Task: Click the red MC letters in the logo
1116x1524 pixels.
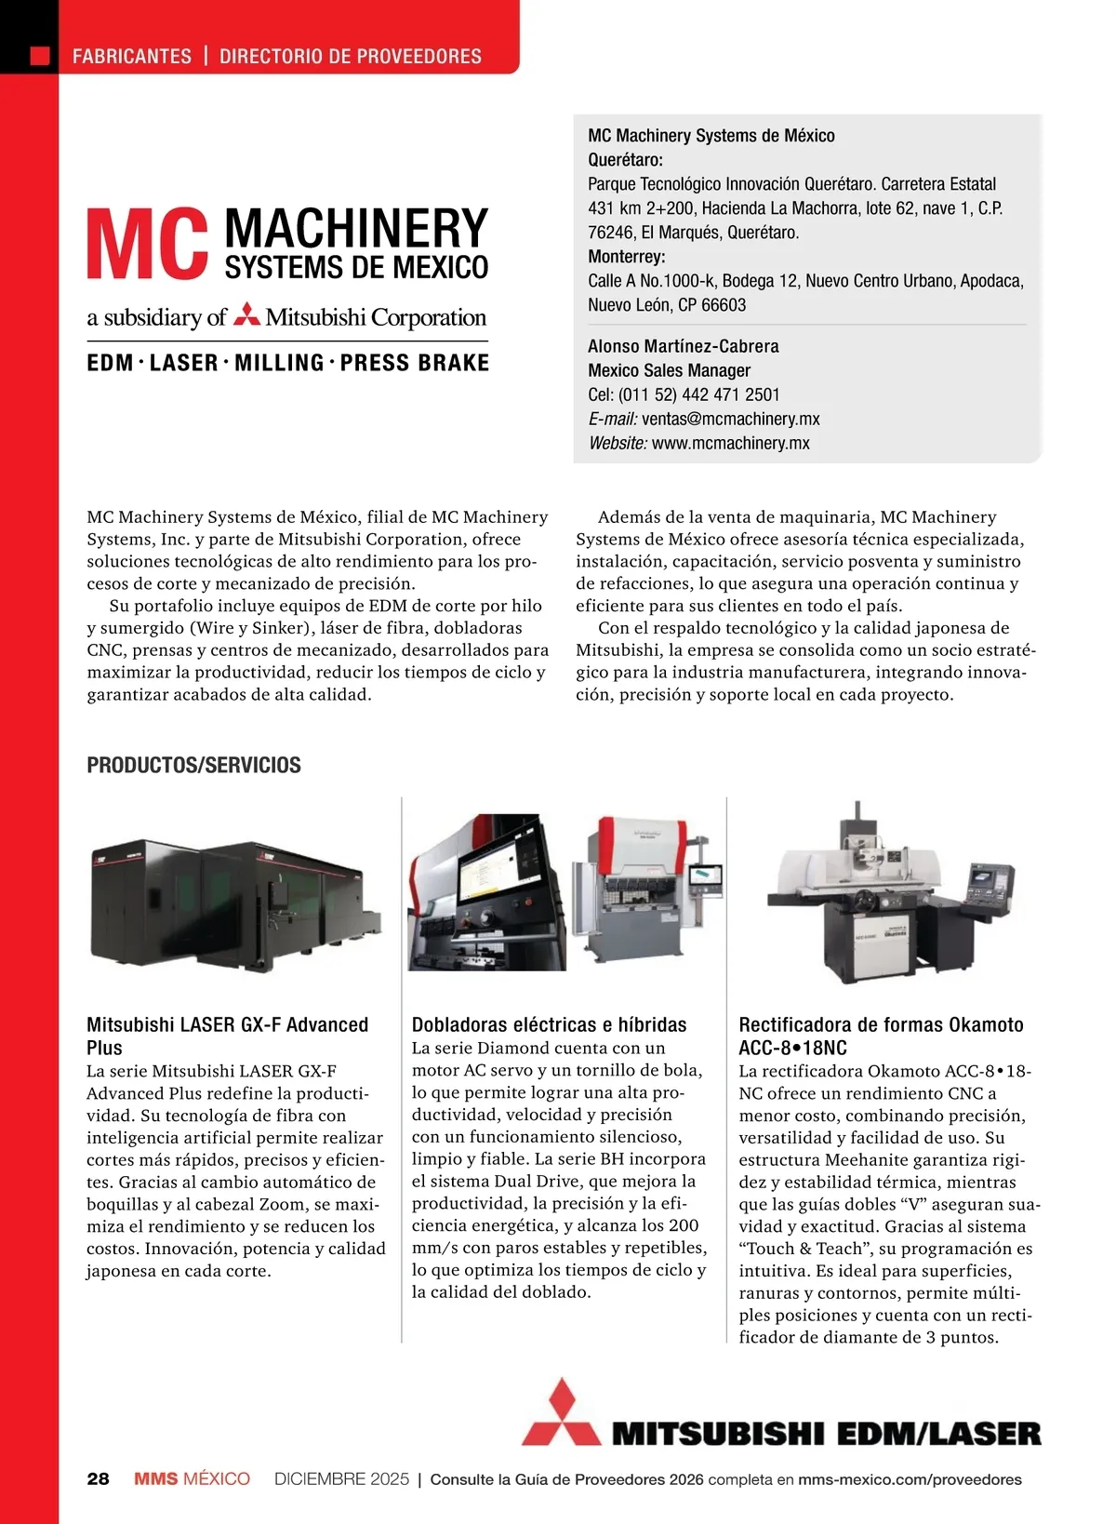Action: click(147, 245)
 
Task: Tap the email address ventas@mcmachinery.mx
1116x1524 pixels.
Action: click(730, 419)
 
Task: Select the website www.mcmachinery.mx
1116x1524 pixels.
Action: click(730, 443)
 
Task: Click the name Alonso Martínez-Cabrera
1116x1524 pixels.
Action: click(683, 346)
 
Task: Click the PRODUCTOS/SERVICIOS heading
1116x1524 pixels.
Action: click(193, 766)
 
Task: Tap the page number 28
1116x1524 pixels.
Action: click(98, 1479)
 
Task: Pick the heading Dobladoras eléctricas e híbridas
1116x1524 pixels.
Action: click(549, 1024)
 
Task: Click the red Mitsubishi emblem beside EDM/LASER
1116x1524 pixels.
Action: click(561, 1413)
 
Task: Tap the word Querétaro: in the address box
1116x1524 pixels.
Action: click(625, 160)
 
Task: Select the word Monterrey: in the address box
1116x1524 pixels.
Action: click(626, 257)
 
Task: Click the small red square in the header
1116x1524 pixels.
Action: click(40, 56)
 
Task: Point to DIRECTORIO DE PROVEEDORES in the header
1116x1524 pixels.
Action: click(351, 57)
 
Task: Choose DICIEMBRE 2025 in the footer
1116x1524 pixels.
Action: click(341, 1479)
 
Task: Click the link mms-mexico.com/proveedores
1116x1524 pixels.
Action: click(909, 1479)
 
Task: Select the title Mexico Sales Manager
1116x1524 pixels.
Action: click(669, 370)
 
